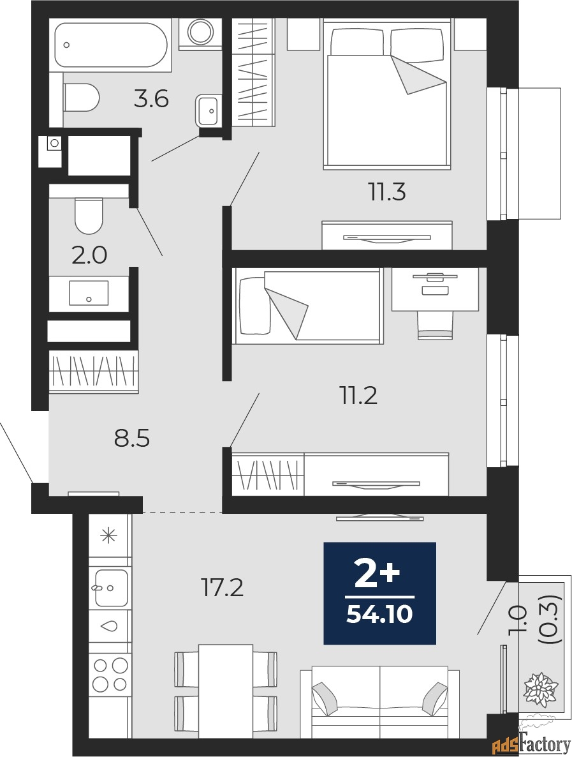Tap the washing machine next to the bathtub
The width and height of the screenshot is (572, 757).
click(200, 33)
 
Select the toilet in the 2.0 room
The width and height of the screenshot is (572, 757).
click(89, 215)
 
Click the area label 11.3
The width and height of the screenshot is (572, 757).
click(386, 191)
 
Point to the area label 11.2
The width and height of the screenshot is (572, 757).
click(358, 396)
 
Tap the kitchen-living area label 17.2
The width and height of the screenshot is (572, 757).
click(223, 588)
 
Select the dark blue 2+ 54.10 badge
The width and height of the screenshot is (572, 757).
click(379, 593)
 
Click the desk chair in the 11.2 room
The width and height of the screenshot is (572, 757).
click(435, 326)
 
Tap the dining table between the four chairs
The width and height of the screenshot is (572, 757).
click(225, 682)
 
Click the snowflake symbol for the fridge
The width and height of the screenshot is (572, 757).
click(109, 536)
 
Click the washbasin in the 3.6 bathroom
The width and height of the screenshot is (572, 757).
click(208, 110)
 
